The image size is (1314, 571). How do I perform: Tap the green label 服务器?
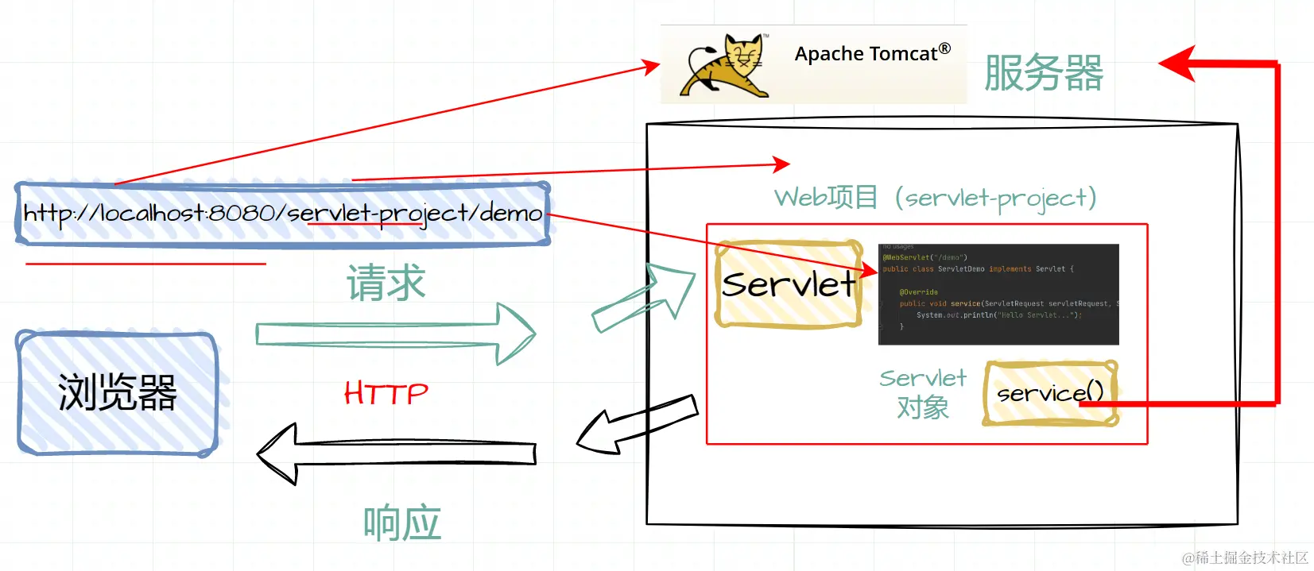pyautogui.click(x=1043, y=73)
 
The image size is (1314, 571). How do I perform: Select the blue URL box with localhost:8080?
pyautogui.click(x=282, y=214)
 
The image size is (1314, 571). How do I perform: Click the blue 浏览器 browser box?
pyautogui.click(x=118, y=393)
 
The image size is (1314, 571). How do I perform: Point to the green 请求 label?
pyautogui.click(x=386, y=284)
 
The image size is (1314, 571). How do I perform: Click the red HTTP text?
pyautogui.click(x=386, y=393)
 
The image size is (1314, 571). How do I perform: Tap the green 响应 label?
pyautogui.click(x=401, y=523)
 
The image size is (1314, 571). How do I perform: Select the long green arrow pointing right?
pyautogui.click(x=395, y=334)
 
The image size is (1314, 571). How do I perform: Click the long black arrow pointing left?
pyautogui.click(x=395, y=453)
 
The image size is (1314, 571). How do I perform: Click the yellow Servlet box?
pyautogui.click(x=789, y=284)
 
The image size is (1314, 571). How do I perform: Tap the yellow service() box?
pyautogui.click(x=1050, y=393)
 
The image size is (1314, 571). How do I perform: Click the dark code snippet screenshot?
pyautogui.click(x=998, y=294)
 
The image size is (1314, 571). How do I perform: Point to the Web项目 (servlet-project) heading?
pyautogui.click(x=935, y=197)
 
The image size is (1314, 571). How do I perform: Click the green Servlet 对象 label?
pyautogui.click(x=923, y=393)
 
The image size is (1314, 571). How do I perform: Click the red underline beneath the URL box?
pyautogui.click(x=145, y=263)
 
